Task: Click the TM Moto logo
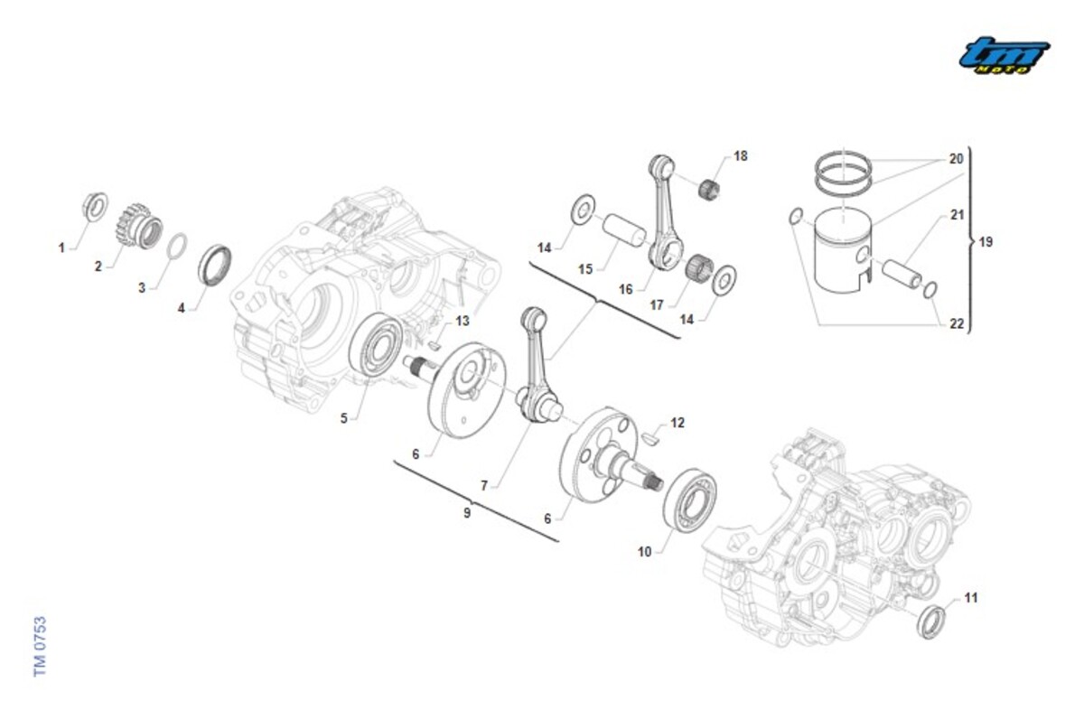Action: pos(1004,56)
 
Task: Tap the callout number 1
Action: pos(62,248)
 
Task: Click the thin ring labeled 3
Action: pos(179,245)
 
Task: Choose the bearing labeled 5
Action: pos(375,344)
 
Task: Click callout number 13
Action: pos(463,321)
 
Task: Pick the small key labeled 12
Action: pos(655,440)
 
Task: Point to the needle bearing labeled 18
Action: pos(712,188)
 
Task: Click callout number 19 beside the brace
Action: pos(986,242)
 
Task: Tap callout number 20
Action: pos(956,159)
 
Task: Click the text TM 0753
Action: pos(40,647)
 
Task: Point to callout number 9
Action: pos(467,513)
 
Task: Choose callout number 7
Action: pos(484,486)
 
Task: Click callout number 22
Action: pos(957,324)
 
